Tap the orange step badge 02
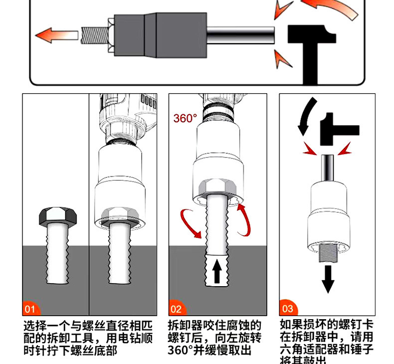176,309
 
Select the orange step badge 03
288,309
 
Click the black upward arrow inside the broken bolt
217,271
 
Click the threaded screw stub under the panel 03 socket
328,254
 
